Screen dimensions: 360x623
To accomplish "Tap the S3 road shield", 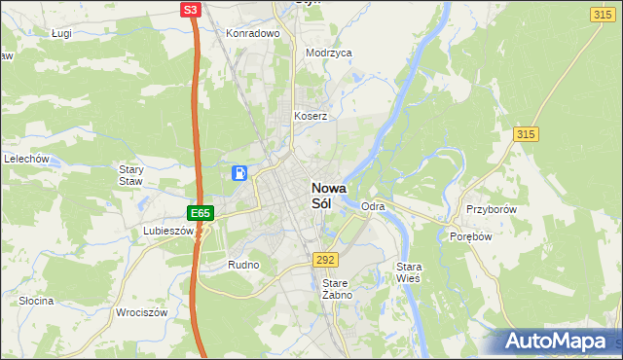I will [x=192, y=10].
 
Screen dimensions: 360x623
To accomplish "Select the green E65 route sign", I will [x=200, y=212].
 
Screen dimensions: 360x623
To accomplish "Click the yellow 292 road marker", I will [x=325, y=260].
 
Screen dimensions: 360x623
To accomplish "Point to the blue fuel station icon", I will [x=239, y=173].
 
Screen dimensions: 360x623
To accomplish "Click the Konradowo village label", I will [x=253, y=32].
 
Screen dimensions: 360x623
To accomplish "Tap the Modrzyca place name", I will [x=328, y=54].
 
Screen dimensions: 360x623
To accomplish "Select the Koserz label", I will [x=311, y=116].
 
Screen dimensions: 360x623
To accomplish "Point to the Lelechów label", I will [x=26, y=159].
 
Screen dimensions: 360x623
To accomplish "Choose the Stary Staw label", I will [x=130, y=175].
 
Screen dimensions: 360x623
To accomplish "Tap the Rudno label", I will [x=242, y=265].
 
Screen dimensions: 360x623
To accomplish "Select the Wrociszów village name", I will [x=142, y=312].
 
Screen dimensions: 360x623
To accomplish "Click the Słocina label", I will [x=36, y=301].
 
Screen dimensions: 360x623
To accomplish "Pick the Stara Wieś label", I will [x=408, y=271].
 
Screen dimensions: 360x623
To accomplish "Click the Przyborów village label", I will [x=490, y=209].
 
